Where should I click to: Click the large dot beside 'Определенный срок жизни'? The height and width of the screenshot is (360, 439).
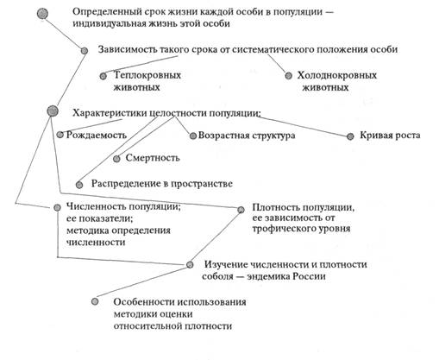[43, 13]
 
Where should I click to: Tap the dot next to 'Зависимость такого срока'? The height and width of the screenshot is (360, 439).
[85, 51]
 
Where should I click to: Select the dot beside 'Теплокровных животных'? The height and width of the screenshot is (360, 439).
[103, 76]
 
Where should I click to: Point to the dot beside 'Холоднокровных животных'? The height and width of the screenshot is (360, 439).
[288, 76]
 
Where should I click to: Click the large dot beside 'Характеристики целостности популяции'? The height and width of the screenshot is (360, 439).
[53, 111]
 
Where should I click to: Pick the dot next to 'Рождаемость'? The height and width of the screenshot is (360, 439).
[60, 135]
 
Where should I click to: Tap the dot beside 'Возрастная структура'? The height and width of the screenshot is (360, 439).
[193, 136]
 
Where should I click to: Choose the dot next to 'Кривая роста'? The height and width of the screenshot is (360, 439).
[350, 136]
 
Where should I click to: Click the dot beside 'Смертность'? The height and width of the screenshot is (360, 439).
[116, 159]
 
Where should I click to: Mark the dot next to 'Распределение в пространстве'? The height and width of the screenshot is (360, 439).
[79, 185]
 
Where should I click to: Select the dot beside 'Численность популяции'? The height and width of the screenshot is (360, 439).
[57, 207]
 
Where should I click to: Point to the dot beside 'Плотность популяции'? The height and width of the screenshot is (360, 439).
[241, 210]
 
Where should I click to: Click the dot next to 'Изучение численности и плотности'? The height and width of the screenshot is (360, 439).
[190, 264]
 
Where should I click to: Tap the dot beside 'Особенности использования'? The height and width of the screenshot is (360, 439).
[95, 301]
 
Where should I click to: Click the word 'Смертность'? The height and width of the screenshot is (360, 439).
[153, 158]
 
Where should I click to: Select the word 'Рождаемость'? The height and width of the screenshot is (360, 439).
[97, 135]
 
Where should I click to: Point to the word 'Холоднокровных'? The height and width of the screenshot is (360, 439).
[337, 75]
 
